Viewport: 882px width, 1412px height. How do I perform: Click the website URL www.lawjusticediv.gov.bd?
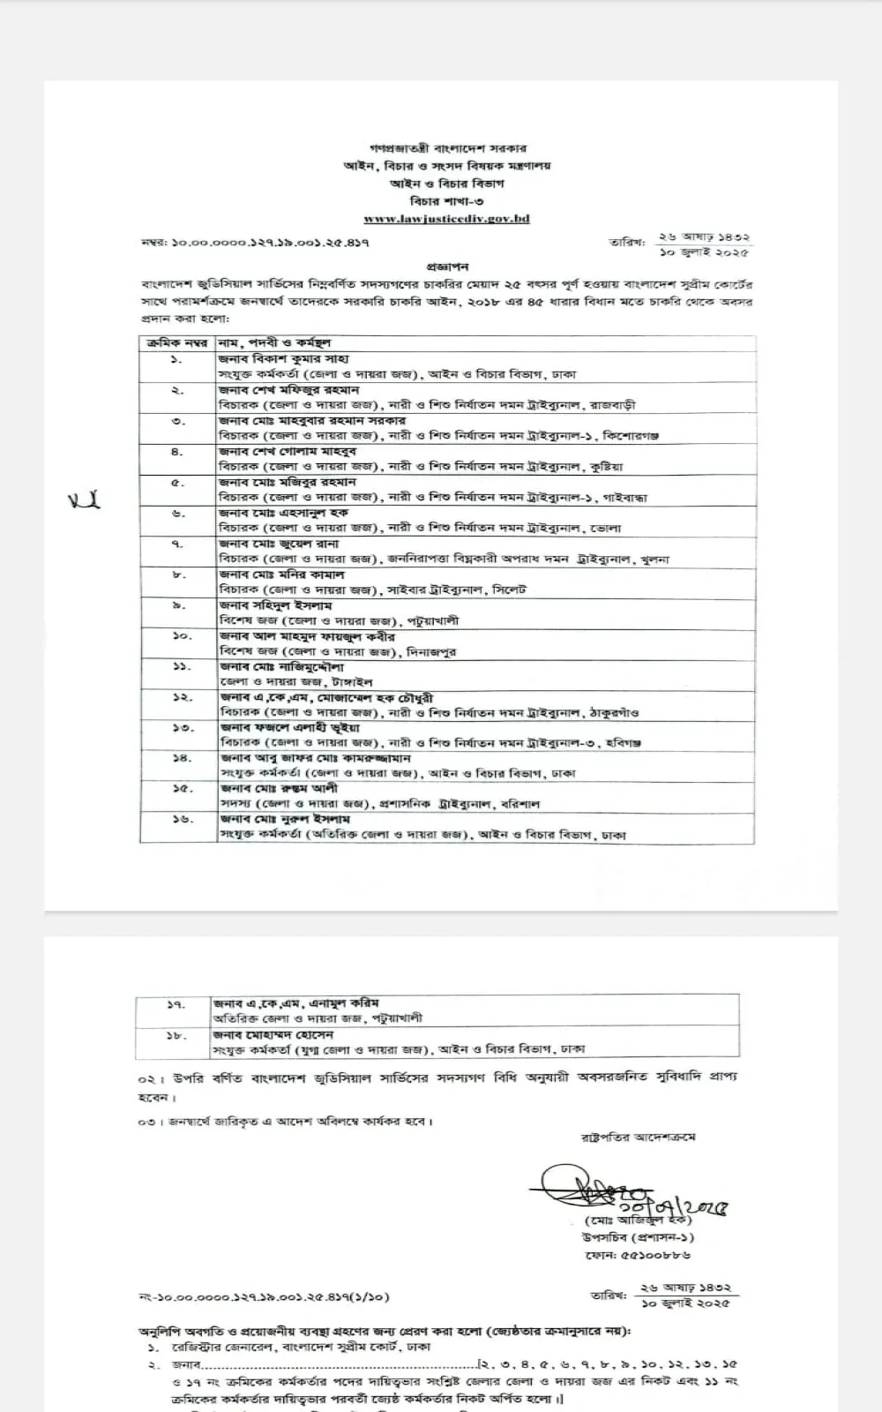[446, 218]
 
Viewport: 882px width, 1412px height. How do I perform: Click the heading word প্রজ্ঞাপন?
[447, 266]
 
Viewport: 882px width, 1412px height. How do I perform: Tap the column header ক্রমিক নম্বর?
[178, 342]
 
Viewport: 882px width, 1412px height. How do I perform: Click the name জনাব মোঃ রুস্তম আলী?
[279, 788]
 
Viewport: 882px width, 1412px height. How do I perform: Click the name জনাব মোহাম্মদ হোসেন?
[273, 1033]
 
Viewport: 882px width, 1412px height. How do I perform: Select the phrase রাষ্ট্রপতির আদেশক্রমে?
[638, 1137]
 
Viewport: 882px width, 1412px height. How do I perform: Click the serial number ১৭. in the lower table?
[176, 1003]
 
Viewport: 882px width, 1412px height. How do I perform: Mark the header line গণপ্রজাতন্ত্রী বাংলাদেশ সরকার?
[447, 149]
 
